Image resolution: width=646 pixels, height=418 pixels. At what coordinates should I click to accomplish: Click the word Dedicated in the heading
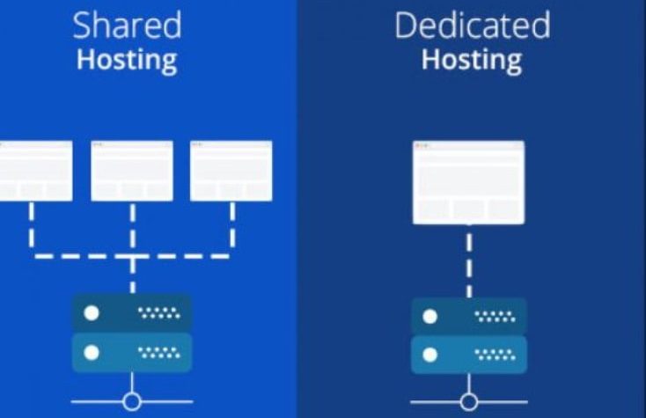pos(472,26)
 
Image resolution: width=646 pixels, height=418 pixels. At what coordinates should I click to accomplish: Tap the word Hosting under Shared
pos(126,61)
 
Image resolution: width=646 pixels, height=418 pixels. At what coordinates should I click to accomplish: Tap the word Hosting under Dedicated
pos(472,61)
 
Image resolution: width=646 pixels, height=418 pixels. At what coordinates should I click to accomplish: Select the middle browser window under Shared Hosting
pos(132,171)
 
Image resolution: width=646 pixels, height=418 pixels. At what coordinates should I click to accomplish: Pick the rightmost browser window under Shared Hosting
pos(231,171)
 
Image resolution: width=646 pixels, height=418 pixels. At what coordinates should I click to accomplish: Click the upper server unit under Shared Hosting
pos(132,313)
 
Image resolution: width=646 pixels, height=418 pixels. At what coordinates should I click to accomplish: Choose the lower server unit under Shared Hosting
pos(132,352)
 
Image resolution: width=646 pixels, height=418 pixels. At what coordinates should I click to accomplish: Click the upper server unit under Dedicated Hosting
pos(468,316)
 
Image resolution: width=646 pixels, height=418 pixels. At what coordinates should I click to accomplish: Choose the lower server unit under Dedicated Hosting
pos(468,354)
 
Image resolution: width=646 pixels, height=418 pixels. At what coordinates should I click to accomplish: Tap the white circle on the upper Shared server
pos(91,313)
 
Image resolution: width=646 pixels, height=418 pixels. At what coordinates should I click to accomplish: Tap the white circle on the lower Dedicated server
pos(430,355)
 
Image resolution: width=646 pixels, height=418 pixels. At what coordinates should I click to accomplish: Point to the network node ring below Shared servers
pos(132,401)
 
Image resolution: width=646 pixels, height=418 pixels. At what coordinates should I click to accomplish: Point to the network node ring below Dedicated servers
pos(468,402)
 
